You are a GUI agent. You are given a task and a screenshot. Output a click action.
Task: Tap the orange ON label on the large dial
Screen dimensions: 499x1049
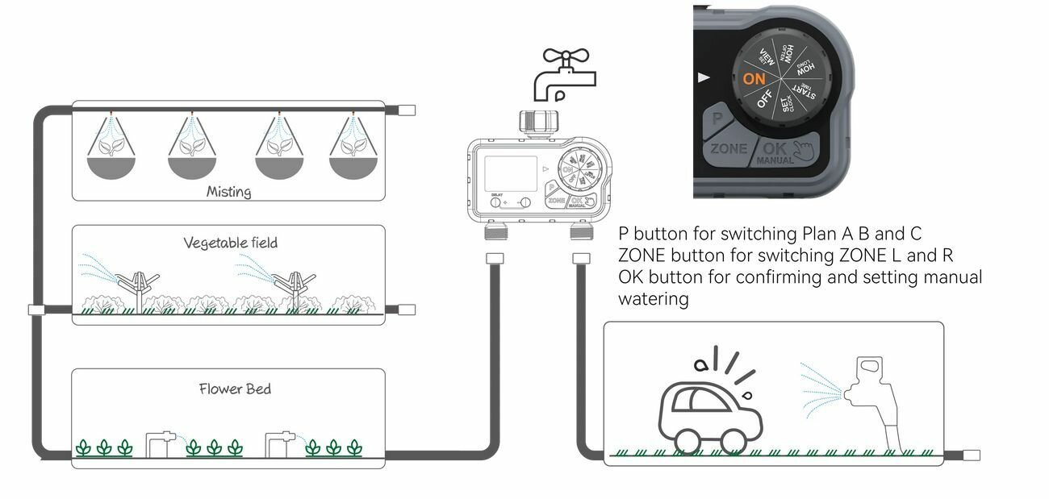754,78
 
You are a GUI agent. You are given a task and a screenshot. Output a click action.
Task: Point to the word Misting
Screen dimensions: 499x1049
228,192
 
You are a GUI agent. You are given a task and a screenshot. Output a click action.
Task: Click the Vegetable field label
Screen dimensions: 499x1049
230,243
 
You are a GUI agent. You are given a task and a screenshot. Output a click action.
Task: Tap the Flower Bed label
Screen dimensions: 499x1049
235,389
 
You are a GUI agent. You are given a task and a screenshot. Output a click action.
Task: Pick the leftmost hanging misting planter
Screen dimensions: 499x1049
111,149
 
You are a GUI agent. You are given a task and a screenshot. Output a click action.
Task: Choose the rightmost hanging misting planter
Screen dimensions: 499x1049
353,149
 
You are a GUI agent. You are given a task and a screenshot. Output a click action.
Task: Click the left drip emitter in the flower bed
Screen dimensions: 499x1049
160,443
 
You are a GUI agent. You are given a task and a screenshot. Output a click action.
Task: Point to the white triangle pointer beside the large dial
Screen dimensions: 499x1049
704,78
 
